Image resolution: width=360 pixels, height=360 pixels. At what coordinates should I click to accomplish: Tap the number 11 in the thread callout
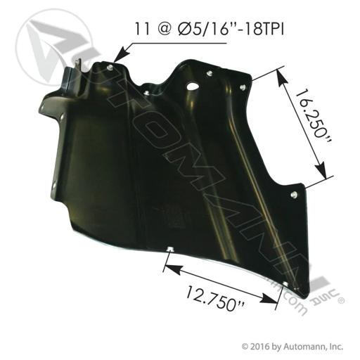142,29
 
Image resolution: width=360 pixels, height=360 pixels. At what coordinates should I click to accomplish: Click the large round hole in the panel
193,86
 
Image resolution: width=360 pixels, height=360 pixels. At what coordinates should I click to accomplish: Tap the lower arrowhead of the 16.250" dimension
321,170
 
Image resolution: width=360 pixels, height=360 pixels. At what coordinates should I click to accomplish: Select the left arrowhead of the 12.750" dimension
174,269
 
